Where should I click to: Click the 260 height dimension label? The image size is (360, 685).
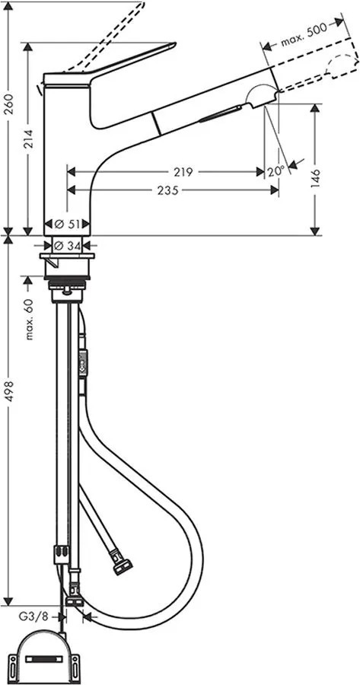11,103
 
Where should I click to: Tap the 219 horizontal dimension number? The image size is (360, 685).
183,172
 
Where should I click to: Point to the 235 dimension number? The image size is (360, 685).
167,190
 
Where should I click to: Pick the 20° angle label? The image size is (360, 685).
276,171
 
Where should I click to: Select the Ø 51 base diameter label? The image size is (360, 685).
67,224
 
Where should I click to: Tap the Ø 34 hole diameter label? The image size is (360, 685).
67,247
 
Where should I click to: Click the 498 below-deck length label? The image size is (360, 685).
11,391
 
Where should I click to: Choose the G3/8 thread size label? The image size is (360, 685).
31,616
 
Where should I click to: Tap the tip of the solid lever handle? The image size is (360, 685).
174,43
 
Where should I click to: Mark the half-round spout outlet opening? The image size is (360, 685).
262,94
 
